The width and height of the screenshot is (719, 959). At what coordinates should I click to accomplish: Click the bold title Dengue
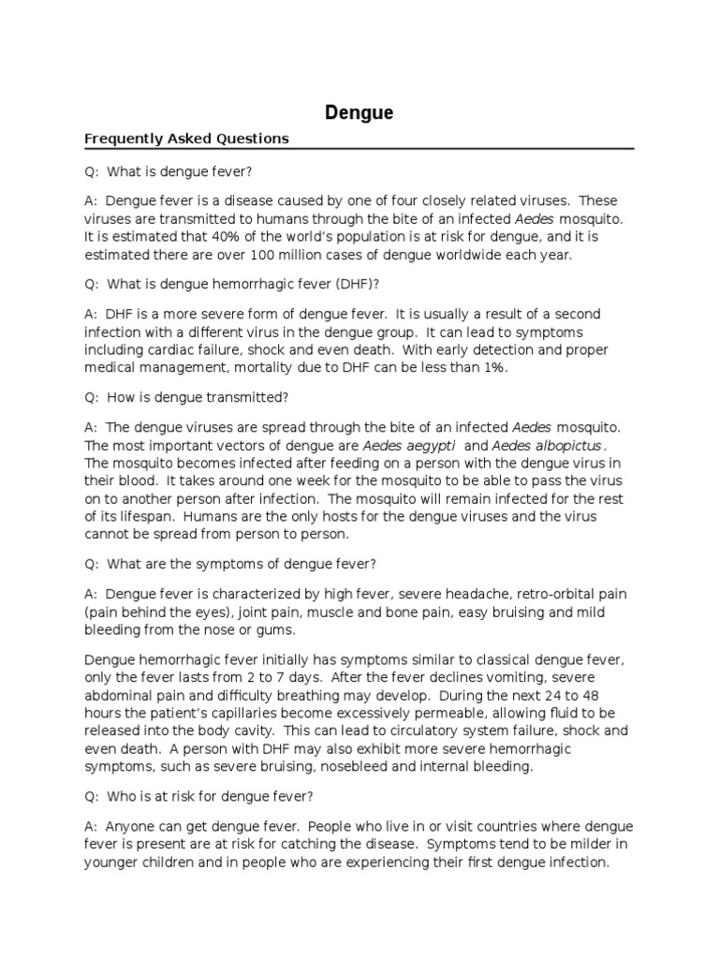pos(359,113)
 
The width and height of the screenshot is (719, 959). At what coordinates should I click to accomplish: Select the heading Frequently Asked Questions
pos(186,139)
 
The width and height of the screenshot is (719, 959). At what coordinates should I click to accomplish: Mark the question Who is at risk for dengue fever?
pos(198,796)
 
